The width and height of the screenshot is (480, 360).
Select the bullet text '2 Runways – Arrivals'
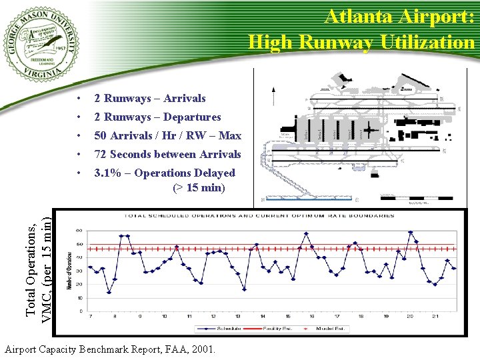tap(149, 99)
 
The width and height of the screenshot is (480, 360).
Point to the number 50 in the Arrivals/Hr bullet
tap(100, 136)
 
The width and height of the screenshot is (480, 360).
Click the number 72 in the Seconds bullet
tap(100, 155)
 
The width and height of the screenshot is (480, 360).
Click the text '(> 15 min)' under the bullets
tap(199, 188)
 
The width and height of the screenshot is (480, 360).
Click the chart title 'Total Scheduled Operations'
tap(260, 216)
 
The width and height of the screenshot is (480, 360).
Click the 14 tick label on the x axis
tap(262, 316)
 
